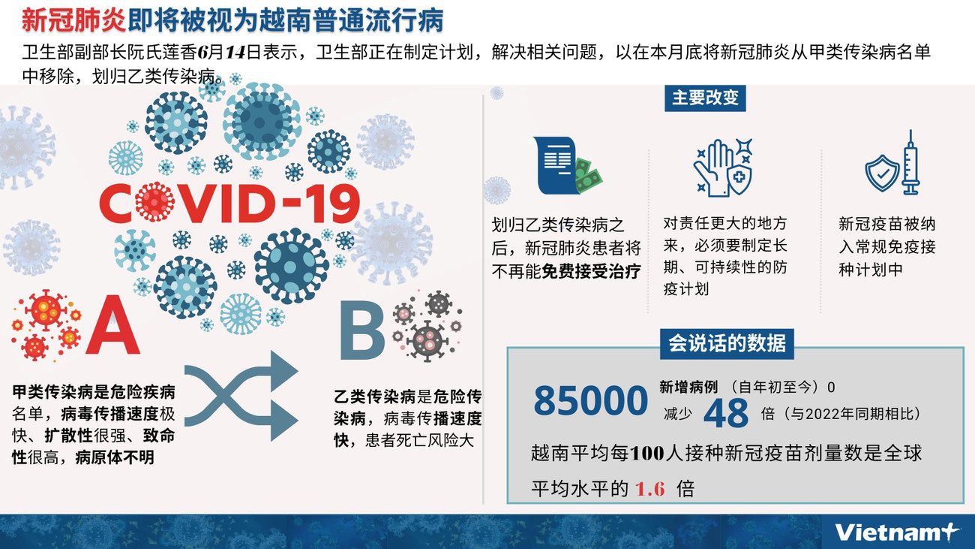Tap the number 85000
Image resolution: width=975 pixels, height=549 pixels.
pos(590,402)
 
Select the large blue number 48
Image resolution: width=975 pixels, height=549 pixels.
pos(727,413)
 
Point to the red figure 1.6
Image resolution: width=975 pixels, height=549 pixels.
pos(650,489)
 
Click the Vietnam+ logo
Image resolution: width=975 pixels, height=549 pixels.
pos(896,532)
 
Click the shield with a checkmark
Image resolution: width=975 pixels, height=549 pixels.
pos(882,173)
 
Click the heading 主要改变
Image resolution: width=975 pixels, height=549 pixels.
pos(705,98)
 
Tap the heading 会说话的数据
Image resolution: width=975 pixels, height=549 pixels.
pos(727,344)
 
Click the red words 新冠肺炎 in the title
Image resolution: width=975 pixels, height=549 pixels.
pos(73,20)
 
